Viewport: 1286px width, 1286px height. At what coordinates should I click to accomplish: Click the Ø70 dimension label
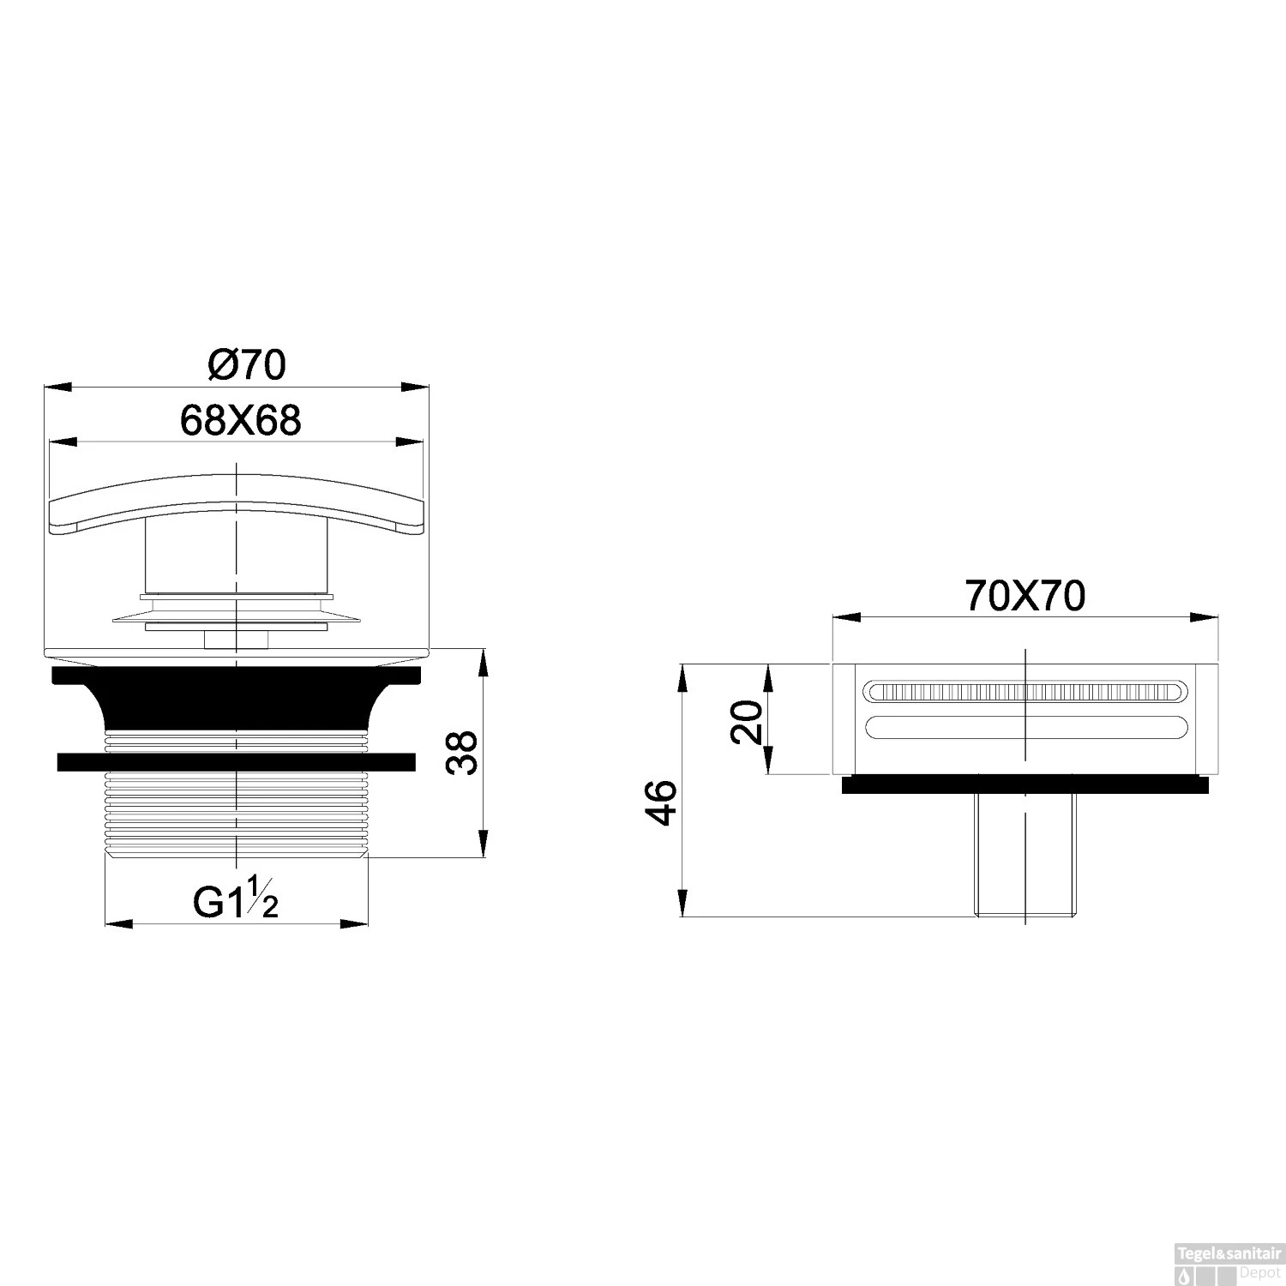247,365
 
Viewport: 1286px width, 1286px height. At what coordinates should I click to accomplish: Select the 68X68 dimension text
241,421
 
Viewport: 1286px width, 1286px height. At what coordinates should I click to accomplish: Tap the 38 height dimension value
464,753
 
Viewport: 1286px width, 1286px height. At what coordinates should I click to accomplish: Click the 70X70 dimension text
1025,596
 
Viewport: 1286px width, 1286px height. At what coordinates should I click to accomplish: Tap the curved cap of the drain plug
237,506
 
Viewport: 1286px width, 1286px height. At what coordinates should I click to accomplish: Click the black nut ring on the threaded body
237,761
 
